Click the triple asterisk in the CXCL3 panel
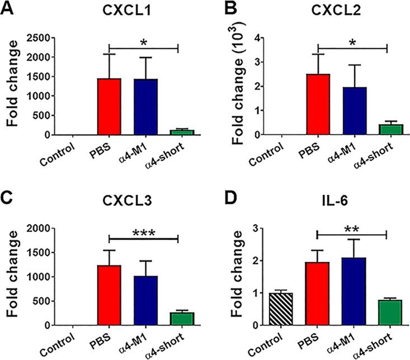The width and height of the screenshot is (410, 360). [143, 233]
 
